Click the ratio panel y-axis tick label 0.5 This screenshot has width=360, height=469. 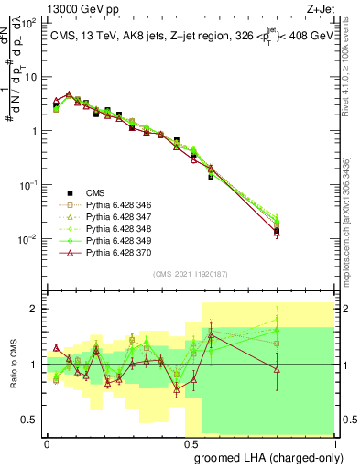[x=30, y=420]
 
